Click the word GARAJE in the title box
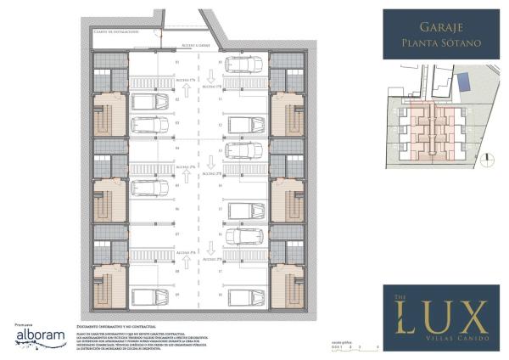434,26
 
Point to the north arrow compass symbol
486,156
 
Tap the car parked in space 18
246,296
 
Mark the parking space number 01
177,63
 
